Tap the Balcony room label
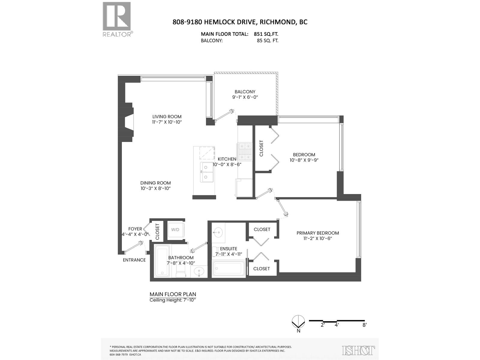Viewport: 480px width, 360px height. point(245,92)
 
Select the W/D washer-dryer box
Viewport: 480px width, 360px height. point(175,230)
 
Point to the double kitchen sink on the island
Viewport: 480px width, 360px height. point(207,172)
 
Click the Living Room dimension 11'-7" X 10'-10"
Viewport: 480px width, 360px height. point(167,122)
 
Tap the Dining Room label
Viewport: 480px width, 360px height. point(155,183)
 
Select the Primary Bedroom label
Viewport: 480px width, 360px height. point(318,233)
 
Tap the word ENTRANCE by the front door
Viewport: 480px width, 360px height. point(134,260)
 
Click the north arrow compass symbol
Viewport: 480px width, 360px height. point(298,322)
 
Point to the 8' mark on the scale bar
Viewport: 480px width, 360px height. point(364,325)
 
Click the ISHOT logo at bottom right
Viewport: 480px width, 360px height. point(358,350)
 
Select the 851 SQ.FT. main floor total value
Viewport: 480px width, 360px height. point(266,34)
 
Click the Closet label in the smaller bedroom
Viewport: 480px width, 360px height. point(261,148)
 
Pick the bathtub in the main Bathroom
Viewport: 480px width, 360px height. point(162,261)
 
